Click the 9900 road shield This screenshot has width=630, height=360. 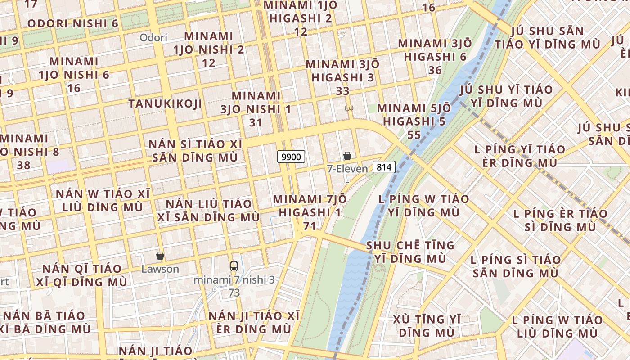tap(291, 157)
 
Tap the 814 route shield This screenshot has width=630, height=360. tap(384, 167)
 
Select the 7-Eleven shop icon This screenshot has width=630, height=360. tap(347, 156)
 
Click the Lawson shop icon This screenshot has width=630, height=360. tap(160, 256)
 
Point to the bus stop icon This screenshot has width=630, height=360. tap(234, 266)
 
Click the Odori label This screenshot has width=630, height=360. tap(153, 38)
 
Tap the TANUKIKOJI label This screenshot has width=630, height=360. tap(165, 104)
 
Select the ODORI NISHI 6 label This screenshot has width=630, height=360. tap(73, 23)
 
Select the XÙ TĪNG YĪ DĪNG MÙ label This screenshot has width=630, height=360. tap(427, 326)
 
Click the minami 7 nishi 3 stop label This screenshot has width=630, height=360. tap(234, 280)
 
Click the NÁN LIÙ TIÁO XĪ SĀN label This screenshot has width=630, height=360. tap(209, 210)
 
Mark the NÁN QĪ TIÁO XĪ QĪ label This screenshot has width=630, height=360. tap(82, 275)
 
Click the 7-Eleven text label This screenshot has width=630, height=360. tap(347, 169)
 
